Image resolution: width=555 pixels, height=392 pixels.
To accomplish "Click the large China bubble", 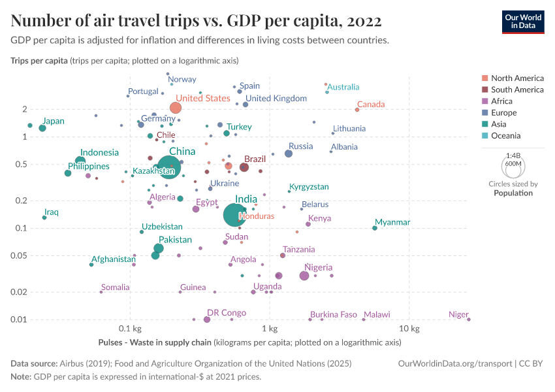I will pyautogui.click(x=169, y=168).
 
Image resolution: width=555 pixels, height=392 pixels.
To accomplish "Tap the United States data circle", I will pyautogui.click(x=175, y=108).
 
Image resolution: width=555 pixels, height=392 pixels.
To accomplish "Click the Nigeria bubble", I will pyautogui.click(x=304, y=276).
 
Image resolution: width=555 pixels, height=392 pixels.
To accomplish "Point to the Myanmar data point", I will pyautogui.click(x=375, y=227).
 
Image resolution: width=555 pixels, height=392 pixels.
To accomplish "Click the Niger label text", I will pyautogui.click(x=458, y=315).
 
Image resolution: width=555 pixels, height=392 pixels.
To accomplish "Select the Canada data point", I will pyautogui.click(x=357, y=110).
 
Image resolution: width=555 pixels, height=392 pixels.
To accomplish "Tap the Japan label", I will pyautogui.click(x=54, y=121).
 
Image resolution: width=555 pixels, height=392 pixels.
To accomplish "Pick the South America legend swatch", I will pyautogui.click(x=484, y=90).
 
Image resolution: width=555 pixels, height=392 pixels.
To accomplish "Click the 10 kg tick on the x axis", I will pyautogui.click(x=409, y=327).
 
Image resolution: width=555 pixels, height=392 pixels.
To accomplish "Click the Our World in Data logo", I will pyautogui.click(x=522, y=21).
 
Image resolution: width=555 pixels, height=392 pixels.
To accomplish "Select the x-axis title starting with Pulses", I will pyautogui.click(x=249, y=342).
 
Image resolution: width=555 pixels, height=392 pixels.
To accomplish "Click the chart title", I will pyautogui.click(x=196, y=20).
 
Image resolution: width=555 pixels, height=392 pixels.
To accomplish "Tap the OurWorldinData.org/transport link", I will pyautogui.click(x=454, y=363).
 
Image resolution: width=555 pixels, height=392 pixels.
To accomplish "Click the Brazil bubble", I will pyautogui.click(x=244, y=167).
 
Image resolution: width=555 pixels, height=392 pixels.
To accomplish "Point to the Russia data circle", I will pyautogui.click(x=289, y=154).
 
